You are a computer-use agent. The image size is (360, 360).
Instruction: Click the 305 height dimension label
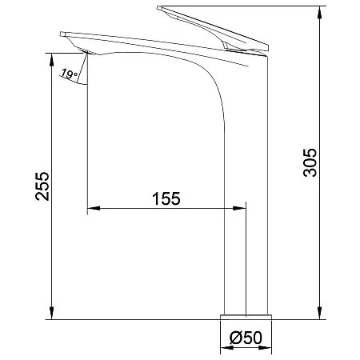(x=310, y=162)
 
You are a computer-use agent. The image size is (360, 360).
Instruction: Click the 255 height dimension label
(x=42, y=186)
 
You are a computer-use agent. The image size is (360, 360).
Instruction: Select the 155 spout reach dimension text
(x=166, y=198)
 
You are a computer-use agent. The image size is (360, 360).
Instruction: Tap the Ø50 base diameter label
(x=246, y=338)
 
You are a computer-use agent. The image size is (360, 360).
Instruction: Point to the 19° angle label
(x=70, y=74)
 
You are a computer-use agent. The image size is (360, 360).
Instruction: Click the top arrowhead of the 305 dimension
(x=320, y=12)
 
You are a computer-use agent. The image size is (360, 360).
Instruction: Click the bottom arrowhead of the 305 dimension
(x=320, y=313)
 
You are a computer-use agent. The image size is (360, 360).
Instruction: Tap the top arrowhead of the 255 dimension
(x=52, y=59)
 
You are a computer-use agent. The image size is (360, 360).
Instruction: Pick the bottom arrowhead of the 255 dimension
(x=52, y=313)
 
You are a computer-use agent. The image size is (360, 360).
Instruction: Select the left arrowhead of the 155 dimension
(x=94, y=208)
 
